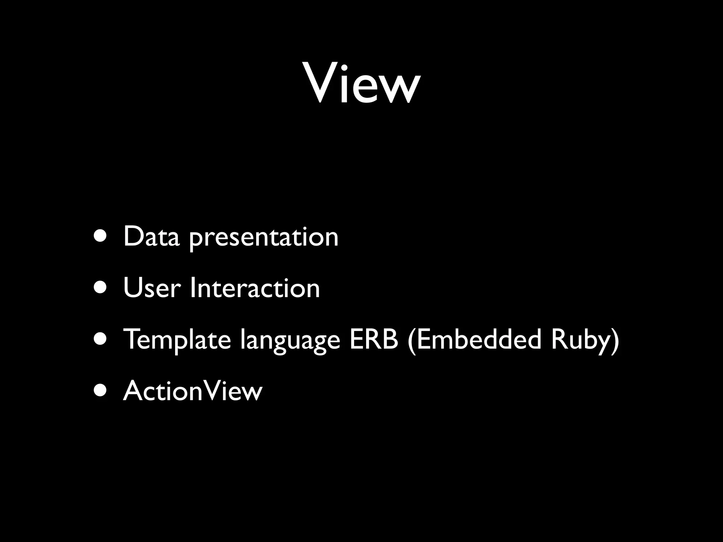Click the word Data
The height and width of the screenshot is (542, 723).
click(x=151, y=237)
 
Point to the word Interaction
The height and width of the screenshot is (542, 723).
click(x=255, y=288)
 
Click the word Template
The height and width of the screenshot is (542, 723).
click(x=177, y=340)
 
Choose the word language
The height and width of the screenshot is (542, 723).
click(x=290, y=341)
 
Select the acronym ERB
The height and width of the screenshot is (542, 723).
click(x=374, y=339)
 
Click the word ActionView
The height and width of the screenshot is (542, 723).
click(x=193, y=391)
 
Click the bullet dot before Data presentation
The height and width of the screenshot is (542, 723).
click(x=100, y=237)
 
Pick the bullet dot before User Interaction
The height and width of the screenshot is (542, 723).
click(x=100, y=288)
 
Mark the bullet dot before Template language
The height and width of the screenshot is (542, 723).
click(x=100, y=339)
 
